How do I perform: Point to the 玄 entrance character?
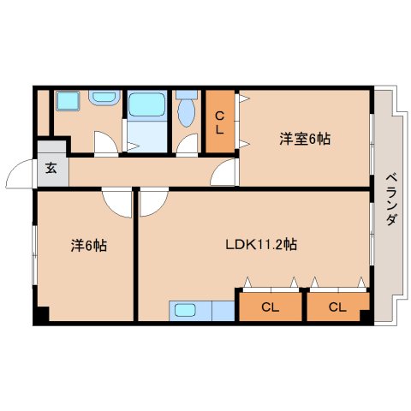[x=51, y=169]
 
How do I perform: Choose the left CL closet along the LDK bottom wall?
[x=270, y=307]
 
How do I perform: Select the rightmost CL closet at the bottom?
[x=337, y=307]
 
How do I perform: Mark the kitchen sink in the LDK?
[x=186, y=309]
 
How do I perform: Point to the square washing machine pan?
[x=66, y=101]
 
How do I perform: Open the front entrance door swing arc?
[x=21, y=175]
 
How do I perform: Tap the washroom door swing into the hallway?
[x=104, y=143]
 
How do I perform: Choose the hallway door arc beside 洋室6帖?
[x=224, y=175]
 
